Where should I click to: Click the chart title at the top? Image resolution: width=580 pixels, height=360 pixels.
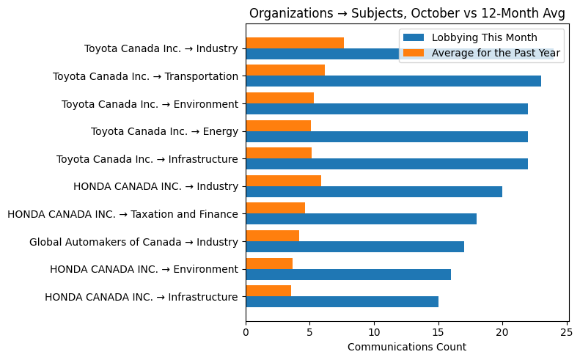click(407, 13)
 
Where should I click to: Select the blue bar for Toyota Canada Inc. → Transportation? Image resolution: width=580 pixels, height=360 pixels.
click(393, 81)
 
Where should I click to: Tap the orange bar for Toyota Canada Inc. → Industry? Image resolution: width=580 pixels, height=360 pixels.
click(295, 43)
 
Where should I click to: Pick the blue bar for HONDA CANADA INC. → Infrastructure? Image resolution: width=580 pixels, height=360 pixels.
click(342, 301)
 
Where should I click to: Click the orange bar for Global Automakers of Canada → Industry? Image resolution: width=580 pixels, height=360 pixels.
click(272, 235)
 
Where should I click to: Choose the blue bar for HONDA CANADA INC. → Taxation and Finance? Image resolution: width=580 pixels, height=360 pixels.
click(361, 218)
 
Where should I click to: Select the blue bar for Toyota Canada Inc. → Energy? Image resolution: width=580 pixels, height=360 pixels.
click(386, 136)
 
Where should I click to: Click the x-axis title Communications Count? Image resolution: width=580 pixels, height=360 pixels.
click(406, 347)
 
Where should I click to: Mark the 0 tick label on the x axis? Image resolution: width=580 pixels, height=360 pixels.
click(246, 331)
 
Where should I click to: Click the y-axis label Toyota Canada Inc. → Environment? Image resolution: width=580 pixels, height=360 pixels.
click(150, 104)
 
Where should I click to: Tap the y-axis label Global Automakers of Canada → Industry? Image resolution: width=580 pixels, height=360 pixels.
click(133, 242)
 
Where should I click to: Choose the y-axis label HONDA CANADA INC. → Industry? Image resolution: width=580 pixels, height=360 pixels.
click(155, 187)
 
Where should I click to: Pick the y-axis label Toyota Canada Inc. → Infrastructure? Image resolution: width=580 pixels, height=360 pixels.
click(147, 159)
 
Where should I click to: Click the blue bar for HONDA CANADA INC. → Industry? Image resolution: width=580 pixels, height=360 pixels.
click(374, 191)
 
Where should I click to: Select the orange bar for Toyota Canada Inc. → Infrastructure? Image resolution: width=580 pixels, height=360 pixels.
click(279, 153)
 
